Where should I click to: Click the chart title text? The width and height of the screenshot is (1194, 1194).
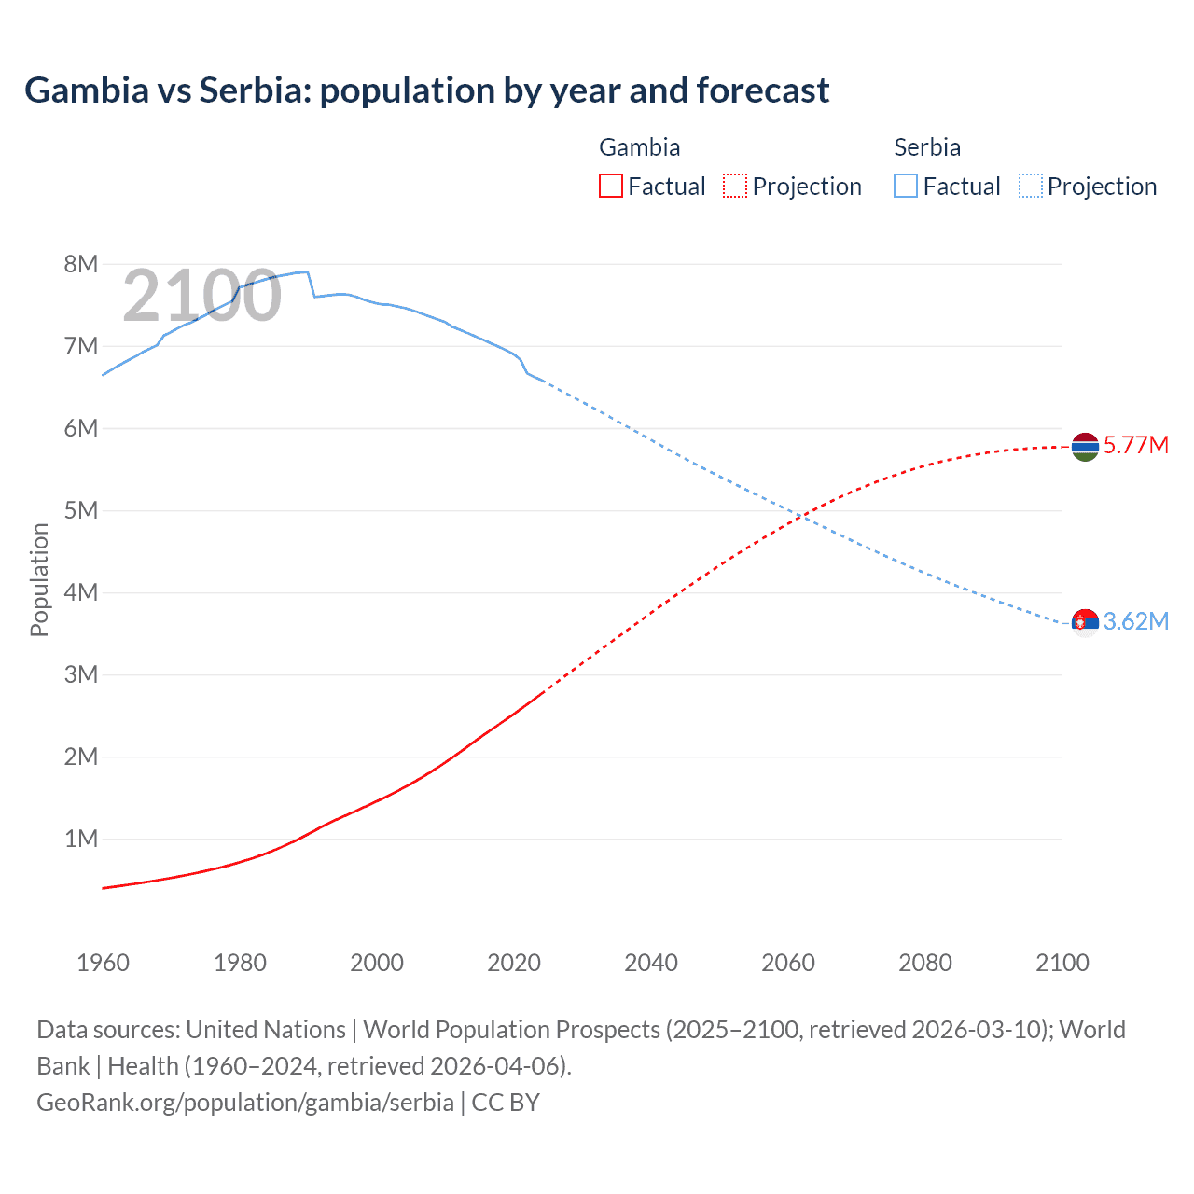426,90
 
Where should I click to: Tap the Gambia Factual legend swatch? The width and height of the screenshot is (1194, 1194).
610,186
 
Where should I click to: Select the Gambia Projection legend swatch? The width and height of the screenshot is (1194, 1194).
735,186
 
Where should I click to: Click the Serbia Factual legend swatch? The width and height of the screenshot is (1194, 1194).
905,186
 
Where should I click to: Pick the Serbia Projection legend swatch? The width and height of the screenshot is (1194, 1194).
1030,186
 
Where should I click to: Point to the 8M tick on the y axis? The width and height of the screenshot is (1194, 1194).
81,264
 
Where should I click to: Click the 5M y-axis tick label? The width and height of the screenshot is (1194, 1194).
81,510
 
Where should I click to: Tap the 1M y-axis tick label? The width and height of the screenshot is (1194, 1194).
81,839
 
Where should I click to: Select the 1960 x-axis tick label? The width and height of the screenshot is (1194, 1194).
103,963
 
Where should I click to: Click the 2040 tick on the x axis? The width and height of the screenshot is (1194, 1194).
651,963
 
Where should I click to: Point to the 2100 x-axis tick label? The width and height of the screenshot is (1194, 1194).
1062,963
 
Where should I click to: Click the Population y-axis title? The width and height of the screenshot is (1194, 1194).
39,579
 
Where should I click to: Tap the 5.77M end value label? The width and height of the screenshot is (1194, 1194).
1135,445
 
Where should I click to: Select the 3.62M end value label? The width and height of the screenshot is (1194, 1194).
1135,621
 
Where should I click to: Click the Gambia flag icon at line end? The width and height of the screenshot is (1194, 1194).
1085,448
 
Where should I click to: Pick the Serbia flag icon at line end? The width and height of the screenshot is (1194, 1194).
1085,622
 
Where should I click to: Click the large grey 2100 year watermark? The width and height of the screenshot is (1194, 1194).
201,296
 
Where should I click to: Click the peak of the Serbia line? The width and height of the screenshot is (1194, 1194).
307,271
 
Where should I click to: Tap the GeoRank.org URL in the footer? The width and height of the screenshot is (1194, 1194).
245,1102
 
